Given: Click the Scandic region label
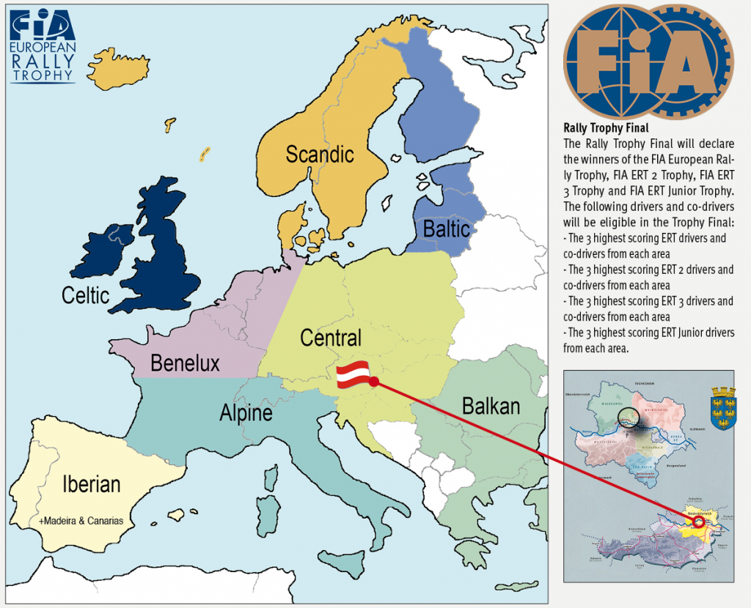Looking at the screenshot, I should click(319, 155).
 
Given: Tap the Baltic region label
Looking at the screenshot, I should click(446, 229).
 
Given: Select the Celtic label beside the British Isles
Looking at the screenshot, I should click(86, 295).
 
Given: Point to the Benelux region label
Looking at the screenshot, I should click(185, 363).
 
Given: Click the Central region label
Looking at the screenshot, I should click(331, 338).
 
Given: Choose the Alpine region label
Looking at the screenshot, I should click(246, 414).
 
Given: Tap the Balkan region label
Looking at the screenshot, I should click(491, 405).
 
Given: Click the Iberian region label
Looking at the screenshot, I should click(92, 484).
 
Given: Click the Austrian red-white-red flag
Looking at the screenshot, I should click(353, 374).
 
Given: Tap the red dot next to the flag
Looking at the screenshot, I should click(374, 382).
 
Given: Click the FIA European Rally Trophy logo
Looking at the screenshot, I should click(42, 45).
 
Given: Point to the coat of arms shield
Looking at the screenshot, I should click(723, 410).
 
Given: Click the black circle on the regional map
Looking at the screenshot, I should click(628, 417).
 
